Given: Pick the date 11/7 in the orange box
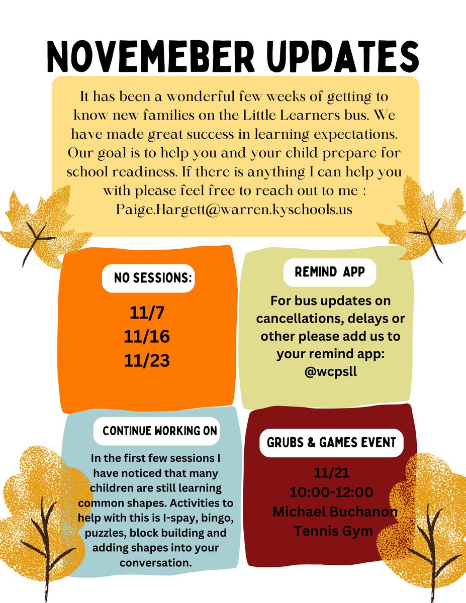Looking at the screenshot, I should pos(147,314).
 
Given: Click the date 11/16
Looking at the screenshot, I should pos(147,336).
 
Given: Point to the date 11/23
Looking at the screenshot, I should pos(147,359).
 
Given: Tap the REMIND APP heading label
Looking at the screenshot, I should pos(330,272).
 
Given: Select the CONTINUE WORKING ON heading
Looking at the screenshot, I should pos(160,431).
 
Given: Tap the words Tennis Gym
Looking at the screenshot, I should pos(334,531).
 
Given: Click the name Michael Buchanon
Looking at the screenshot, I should pos(335,512).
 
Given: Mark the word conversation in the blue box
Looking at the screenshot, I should pos(156,563).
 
